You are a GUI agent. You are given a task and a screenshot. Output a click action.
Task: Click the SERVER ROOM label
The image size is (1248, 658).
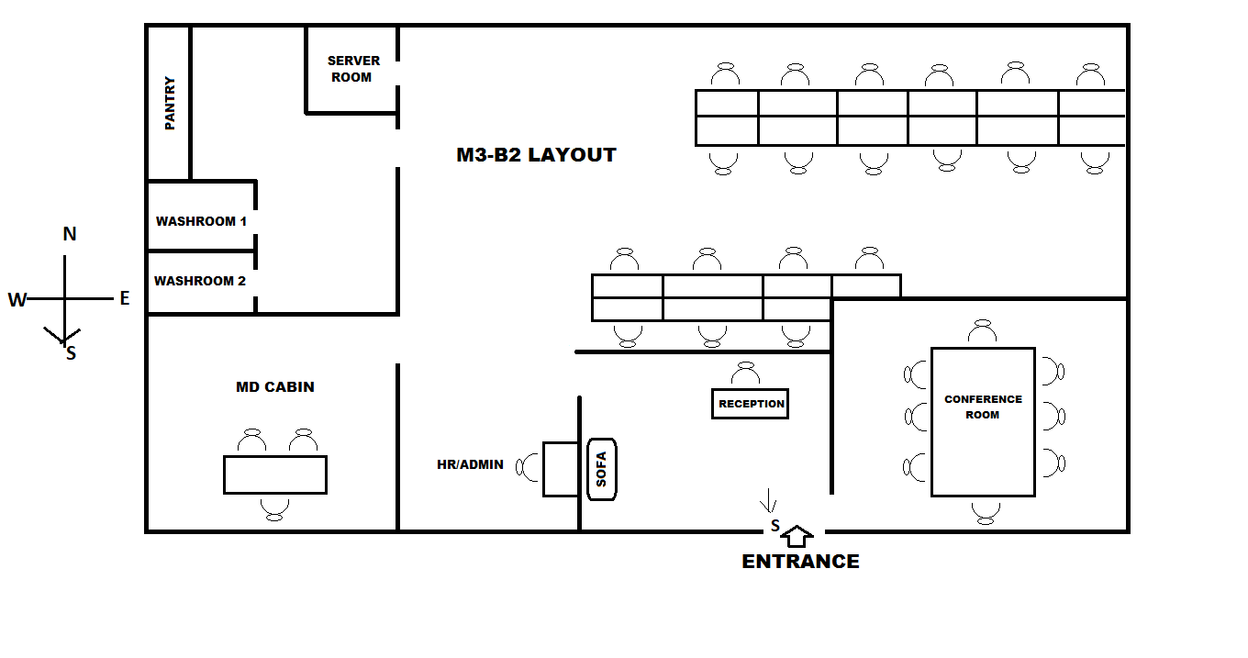click(x=352, y=69)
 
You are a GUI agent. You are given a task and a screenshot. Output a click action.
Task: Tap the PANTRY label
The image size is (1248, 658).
click(x=170, y=103)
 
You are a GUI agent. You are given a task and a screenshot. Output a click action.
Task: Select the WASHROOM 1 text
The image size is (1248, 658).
click(x=201, y=221)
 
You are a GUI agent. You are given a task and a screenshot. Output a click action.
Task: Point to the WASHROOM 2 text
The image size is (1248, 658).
click(x=200, y=281)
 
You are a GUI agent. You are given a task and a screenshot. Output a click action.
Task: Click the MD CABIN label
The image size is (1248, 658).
click(x=275, y=387)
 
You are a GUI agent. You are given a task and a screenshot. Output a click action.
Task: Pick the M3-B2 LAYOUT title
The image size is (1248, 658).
click(x=536, y=155)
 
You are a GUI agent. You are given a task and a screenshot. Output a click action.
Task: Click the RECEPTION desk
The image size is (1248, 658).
click(x=751, y=404)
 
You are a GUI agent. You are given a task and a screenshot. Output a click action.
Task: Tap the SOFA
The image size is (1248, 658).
click(x=601, y=469)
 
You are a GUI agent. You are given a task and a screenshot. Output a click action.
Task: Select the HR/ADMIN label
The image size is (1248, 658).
click(x=470, y=464)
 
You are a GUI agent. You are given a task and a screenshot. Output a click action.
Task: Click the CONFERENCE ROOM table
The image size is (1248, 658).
click(x=983, y=422)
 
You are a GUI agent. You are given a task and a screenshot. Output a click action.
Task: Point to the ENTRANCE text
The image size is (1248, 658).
click(x=800, y=562)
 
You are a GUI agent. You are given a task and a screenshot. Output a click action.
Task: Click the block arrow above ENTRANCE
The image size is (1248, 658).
click(x=799, y=535)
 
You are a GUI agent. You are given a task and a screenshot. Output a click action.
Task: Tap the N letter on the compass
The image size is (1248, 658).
click(x=70, y=235)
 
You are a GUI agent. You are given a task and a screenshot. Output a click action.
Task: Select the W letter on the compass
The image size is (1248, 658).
click(x=17, y=300)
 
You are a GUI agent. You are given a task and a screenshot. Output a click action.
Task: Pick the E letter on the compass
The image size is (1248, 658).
click(x=124, y=298)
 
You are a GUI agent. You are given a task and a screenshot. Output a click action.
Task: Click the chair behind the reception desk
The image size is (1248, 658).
click(x=745, y=374)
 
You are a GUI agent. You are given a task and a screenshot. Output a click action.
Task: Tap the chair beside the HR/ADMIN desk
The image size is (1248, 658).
click(x=529, y=467)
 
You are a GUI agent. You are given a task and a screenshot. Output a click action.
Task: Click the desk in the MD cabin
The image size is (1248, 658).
click(x=275, y=474)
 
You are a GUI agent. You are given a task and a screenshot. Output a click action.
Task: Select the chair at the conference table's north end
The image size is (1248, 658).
click(x=983, y=331)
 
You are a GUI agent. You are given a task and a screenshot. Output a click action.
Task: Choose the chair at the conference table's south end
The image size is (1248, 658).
click(x=986, y=511)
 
